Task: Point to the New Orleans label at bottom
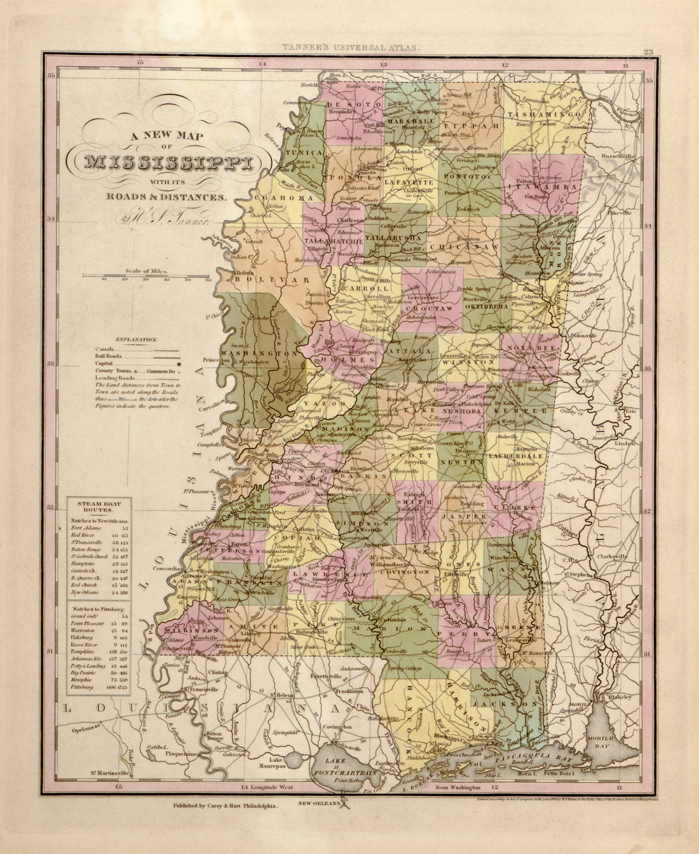[x=321, y=803]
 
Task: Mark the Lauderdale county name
[x=515, y=456]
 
